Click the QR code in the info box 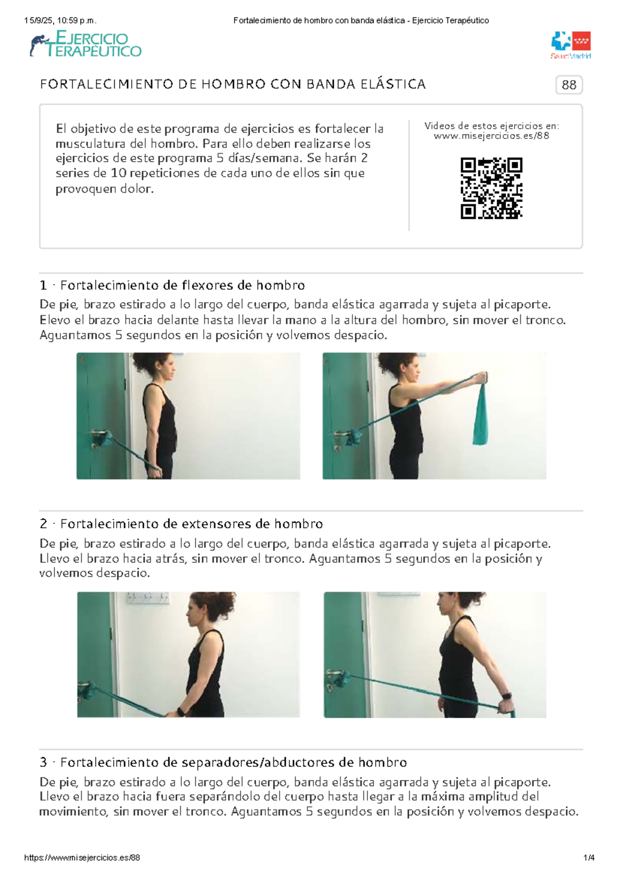491,188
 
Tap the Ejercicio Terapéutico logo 86,44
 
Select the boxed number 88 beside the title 569,85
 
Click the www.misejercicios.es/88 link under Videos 491,136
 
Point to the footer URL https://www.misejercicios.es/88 82,858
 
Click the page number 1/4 588,858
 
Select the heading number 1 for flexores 43,286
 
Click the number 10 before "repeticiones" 118,174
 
